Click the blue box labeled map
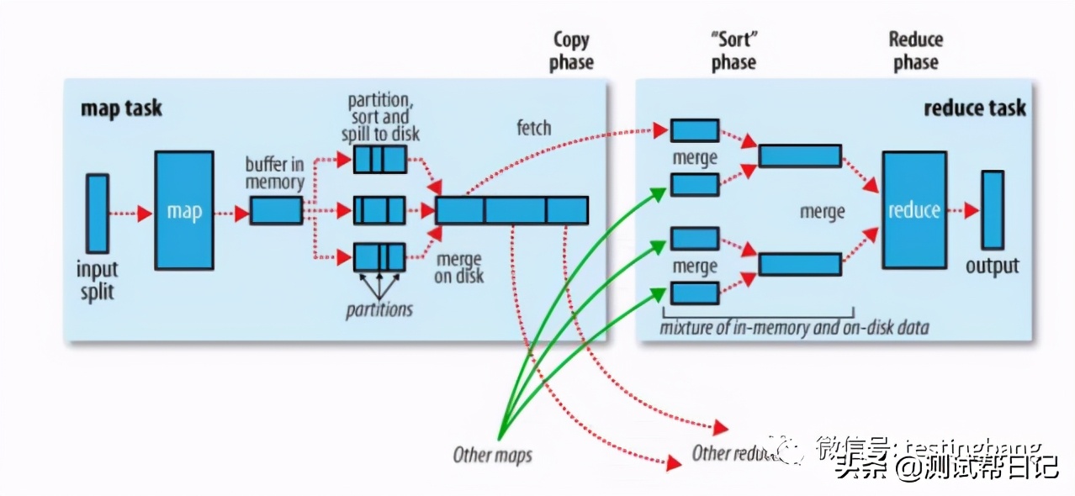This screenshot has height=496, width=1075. (183, 210)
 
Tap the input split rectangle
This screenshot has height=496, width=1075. (98, 213)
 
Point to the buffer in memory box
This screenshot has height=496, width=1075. (275, 210)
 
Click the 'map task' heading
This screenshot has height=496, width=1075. (121, 108)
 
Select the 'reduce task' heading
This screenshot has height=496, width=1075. (974, 108)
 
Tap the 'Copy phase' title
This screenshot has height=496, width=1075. (572, 50)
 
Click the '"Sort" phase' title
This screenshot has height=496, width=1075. (733, 50)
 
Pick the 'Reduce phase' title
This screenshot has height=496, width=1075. (916, 50)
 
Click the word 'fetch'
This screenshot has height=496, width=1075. (533, 128)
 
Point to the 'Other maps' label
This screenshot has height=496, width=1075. (492, 456)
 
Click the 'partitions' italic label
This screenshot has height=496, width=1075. (379, 309)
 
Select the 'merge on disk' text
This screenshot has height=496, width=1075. (459, 268)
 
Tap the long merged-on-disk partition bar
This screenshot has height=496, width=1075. (511, 210)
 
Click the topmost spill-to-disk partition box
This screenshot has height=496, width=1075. (379, 159)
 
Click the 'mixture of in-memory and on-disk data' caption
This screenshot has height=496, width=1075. (795, 327)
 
